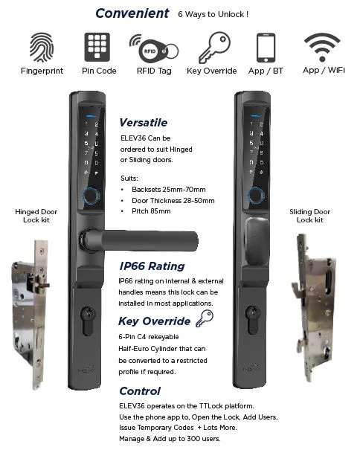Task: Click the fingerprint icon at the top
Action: pos(42,47)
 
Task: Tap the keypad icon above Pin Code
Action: pos(97,47)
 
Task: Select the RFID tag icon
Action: pos(154,49)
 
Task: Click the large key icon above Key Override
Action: pos(214,47)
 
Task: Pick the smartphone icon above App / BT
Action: pos(266,48)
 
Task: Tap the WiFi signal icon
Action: pos(322,47)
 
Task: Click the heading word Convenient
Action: pos(132,13)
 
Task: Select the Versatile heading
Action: pos(144,123)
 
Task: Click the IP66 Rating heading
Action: pos(152,266)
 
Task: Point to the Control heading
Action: pos(140,391)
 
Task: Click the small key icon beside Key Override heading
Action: pos(205,318)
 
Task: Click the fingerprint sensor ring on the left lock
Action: pos(90,196)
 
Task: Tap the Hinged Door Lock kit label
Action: pos(36,216)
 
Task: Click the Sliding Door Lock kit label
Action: pos(309,216)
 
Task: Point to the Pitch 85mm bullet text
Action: pos(151,211)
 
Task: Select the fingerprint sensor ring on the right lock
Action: pos(255,196)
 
